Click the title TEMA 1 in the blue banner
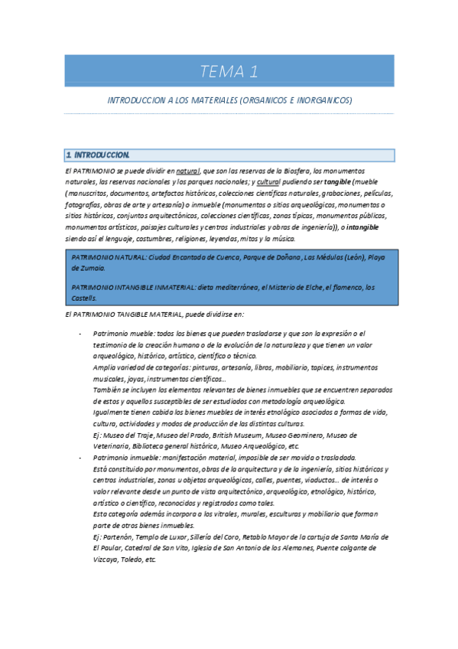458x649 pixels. pyautogui.click(x=229, y=72)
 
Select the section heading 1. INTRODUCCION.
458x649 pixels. pyautogui.click(x=99, y=155)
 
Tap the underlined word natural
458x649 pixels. pyautogui.click(x=187, y=171)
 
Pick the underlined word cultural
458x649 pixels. pyautogui.click(x=268, y=182)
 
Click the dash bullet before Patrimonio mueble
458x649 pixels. pyautogui.click(x=81, y=334)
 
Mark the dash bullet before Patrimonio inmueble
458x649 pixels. pyautogui.click(x=81, y=457)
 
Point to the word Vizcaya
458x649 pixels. pyautogui.click(x=106, y=559)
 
